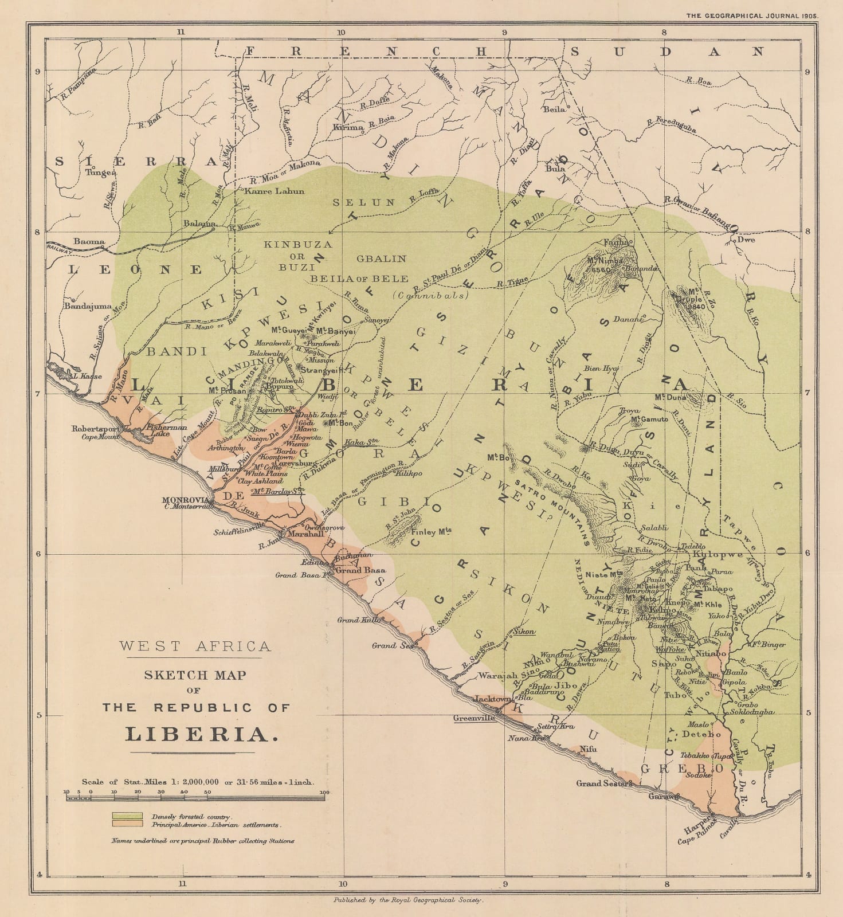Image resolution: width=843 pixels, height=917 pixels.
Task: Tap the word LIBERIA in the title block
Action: click(x=197, y=734)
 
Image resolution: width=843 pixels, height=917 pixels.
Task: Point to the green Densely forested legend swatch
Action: click(x=127, y=816)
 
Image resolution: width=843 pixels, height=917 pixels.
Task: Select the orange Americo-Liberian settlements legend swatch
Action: click(x=127, y=824)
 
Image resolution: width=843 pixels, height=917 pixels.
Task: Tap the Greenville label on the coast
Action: click(x=474, y=718)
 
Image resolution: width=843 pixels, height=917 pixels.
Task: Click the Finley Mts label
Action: click(x=432, y=531)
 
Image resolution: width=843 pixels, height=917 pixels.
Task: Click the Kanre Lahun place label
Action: click(x=275, y=191)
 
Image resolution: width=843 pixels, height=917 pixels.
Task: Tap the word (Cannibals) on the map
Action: click(x=430, y=296)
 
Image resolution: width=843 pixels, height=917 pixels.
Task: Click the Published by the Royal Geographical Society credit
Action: click(x=409, y=900)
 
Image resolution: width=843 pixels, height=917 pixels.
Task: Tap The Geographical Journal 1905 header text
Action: click(x=752, y=16)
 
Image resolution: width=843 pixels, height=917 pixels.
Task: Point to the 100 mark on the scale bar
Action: click(x=324, y=793)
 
